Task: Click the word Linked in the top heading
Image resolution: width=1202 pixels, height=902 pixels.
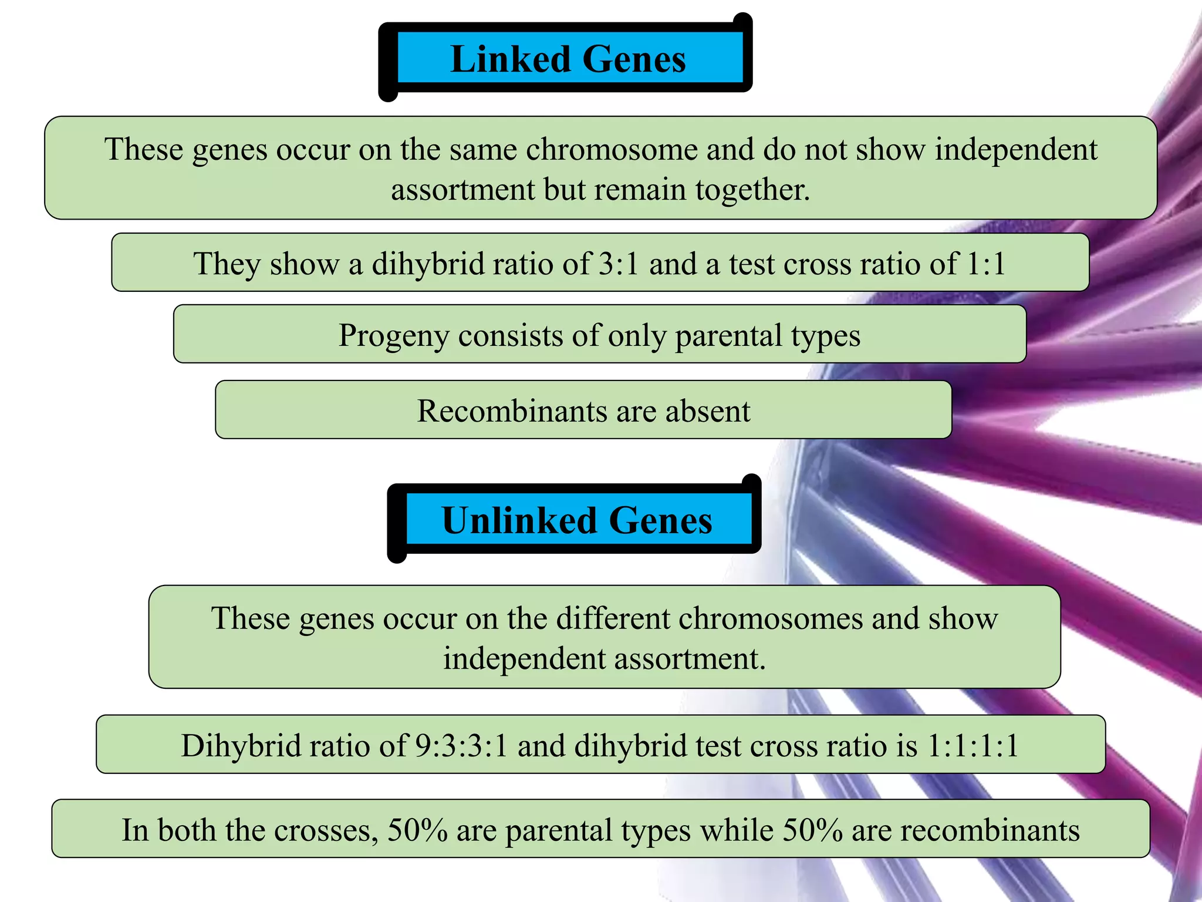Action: [x=510, y=60]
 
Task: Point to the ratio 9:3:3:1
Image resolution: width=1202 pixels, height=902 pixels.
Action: [x=461, y=746]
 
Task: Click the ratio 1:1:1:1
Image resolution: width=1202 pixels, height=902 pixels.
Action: [x=973, y=746]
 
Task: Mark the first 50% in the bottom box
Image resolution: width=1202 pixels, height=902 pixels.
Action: [x=417, y=830]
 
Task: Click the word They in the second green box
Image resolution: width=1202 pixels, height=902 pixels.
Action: [x=226, y=264]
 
